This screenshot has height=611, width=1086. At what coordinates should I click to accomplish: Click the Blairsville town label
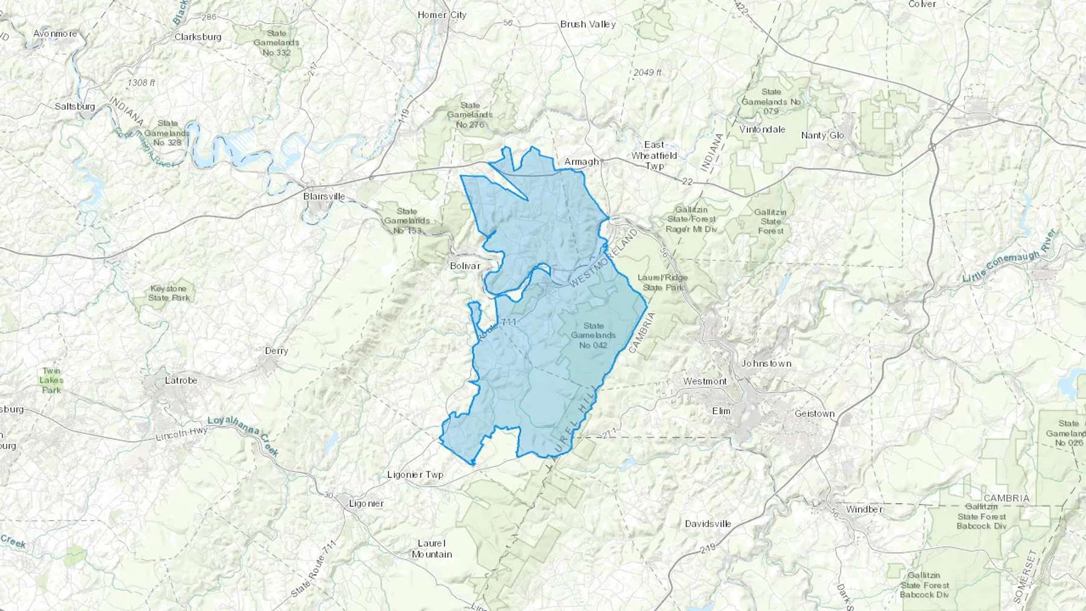324,196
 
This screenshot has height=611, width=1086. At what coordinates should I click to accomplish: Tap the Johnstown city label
766,363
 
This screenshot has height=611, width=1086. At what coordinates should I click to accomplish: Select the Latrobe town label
181,381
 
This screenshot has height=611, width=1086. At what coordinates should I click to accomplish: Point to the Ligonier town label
366,503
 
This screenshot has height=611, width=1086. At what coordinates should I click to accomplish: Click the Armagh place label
582,162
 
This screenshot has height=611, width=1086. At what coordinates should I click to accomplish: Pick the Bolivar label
465,265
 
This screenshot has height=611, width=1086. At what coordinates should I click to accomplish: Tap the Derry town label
276,350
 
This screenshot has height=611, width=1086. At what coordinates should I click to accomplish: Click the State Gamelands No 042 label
593,335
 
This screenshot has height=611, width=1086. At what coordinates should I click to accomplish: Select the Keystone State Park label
169,293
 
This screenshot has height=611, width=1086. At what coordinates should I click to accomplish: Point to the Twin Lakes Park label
51,381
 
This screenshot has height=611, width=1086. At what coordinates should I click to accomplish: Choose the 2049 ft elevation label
647,72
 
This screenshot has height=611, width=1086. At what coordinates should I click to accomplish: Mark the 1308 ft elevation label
141,82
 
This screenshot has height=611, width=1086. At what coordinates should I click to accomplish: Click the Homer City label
442,15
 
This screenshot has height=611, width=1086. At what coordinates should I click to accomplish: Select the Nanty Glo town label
822,135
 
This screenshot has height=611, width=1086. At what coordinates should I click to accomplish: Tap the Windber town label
864,509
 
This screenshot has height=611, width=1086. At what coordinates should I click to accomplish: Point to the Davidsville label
708,524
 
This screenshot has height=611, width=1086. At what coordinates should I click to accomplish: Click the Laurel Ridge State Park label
662,282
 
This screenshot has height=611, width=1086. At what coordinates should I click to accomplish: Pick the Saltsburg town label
75,106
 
